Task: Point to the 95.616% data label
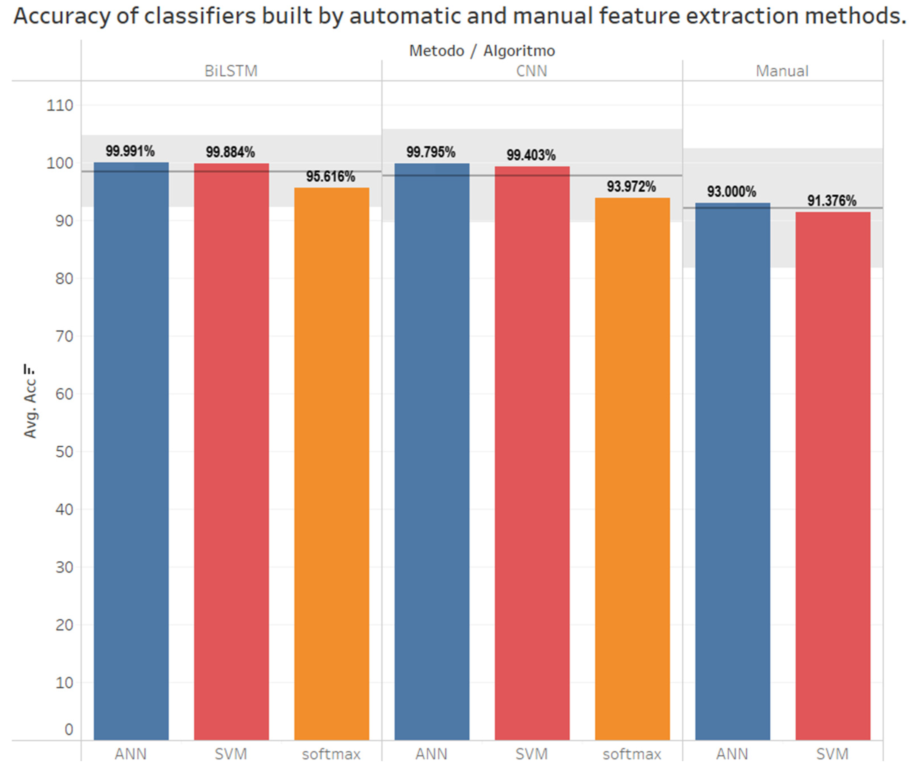click(x=330, y=177)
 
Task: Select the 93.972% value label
click(x=631, y=187)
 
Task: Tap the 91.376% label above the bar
click(x=831, y=201)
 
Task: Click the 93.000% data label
click(x=731, y=192)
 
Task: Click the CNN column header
click(x=531, y=71)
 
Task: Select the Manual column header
click(x=782, y=71)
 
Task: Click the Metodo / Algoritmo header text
click(x=482, y=51)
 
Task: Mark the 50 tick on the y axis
click(x=64, y=452)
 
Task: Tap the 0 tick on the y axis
click(x=69, y=730)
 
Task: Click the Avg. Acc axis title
click(x=30, y=402)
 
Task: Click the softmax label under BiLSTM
click(x=331, y=754)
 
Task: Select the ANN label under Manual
click(x=732, y=754)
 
